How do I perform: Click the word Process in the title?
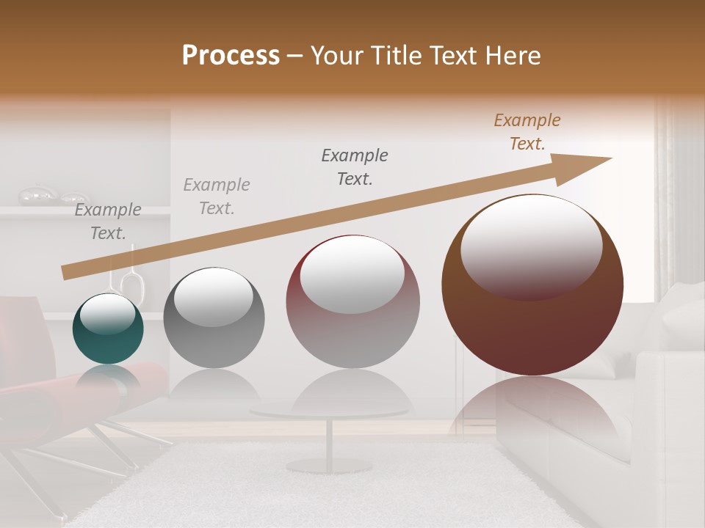231,56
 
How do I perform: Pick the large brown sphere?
532,323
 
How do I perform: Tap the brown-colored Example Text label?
527,132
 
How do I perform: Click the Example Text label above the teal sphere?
108,221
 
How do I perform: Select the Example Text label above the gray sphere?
217,197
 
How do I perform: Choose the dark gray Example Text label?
355,166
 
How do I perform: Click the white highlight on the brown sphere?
531,246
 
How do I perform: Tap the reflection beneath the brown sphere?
532,411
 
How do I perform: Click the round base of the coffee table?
329,465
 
